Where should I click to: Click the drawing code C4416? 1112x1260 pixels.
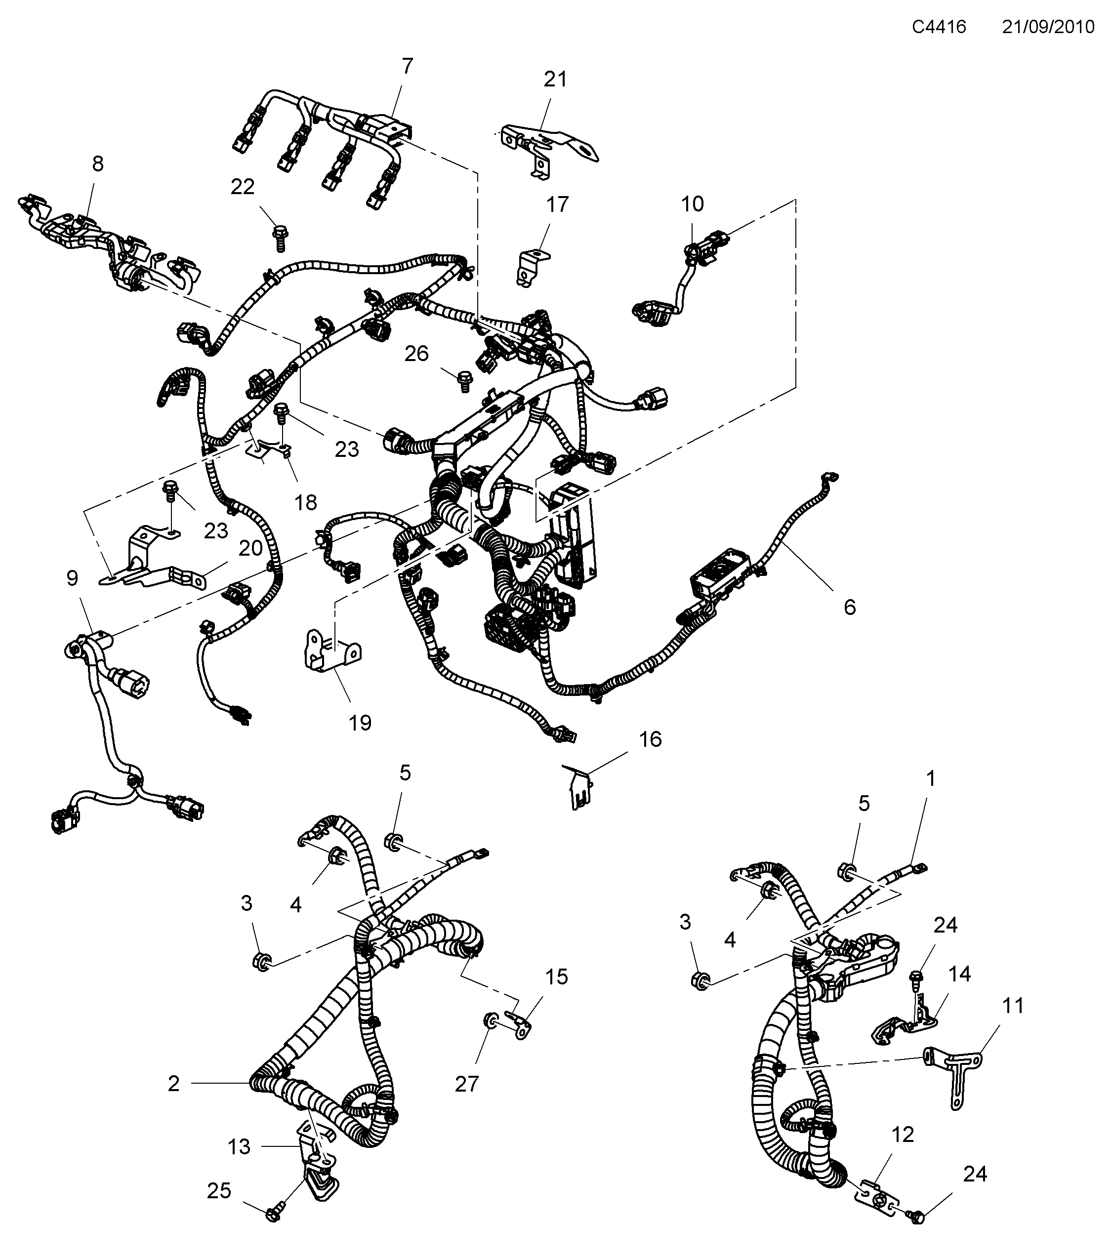(939, 27)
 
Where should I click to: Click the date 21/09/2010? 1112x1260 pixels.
(1048, 27)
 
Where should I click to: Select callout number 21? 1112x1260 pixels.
(555, 80)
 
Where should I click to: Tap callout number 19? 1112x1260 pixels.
(360, 723)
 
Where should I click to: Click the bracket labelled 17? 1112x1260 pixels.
(530, 266)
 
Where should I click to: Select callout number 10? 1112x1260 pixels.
(692, 204)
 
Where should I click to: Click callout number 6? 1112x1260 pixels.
(849, 607)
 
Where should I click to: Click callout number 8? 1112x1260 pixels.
(97, 164)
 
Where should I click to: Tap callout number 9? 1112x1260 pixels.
(72, 578)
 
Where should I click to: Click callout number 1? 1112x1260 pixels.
(931, 779)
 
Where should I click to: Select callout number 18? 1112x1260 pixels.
(305, 502)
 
